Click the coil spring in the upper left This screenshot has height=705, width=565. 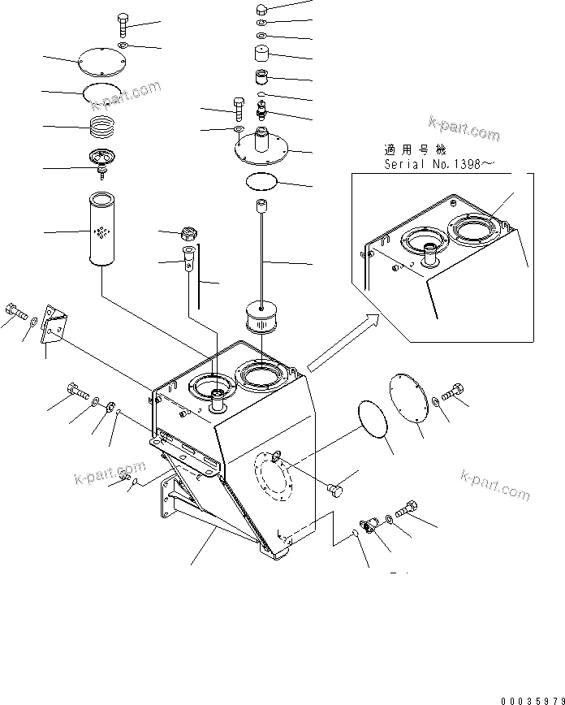pos(103,128)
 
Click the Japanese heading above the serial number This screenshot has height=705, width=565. pos(414,150)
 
